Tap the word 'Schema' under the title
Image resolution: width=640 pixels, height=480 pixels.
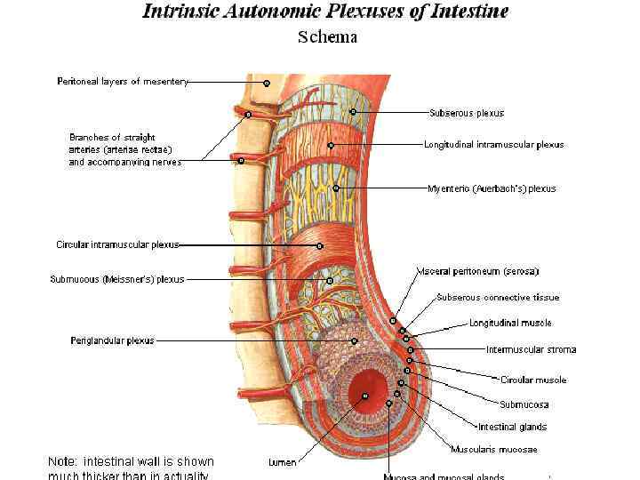click(327, 37)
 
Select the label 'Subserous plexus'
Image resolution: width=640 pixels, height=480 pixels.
click(466, 113)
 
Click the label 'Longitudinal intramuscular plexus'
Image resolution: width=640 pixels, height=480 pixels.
click(493, 144)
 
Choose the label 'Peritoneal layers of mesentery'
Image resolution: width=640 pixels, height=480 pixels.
click(123, 82)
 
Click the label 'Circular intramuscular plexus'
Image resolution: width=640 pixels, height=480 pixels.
click(117, 244)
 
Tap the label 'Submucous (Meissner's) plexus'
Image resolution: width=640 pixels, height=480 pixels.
click(116, 279)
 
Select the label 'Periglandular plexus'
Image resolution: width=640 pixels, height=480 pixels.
click(112, 340)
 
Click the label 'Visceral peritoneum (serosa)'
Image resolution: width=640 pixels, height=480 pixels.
click(477, 271)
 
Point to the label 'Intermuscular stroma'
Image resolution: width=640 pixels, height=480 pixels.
click(531, 349)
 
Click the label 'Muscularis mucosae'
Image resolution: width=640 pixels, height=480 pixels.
click(493, 449)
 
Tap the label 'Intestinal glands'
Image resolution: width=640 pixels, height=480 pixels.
click(512, 427)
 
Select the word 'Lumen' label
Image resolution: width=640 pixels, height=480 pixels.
click(283, 462)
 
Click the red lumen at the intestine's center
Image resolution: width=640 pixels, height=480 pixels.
click(364, 391)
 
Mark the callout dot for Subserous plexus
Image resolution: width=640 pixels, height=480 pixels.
click(353, 112)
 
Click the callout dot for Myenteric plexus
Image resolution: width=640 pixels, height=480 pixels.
click(336, 188)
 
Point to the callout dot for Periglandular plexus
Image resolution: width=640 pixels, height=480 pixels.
click(354, 340)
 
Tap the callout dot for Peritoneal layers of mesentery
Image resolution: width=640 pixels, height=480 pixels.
click(266, 83)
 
